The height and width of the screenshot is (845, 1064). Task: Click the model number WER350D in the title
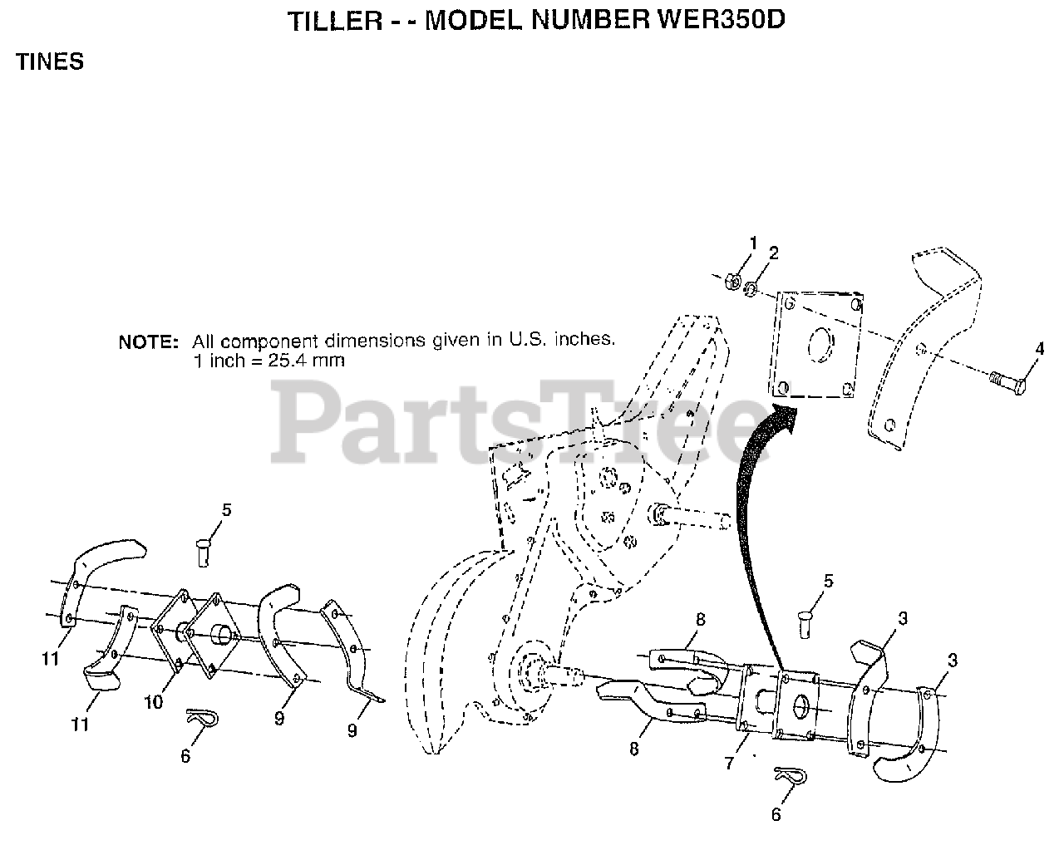(x=720, y=21)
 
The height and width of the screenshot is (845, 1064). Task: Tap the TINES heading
(x=50, y=62)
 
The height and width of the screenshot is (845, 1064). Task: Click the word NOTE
(x=148, y=341)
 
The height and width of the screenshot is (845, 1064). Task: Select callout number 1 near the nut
(x=754, y=243)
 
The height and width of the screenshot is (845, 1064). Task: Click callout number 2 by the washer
(x=773, y=253)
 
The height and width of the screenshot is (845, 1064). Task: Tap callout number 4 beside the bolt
(x=1039, y=349)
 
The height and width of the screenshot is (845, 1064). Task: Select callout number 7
(x=729, y=763)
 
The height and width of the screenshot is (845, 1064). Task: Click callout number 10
(x=153, y=702)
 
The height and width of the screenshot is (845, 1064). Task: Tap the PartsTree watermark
(x=515, y=424)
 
